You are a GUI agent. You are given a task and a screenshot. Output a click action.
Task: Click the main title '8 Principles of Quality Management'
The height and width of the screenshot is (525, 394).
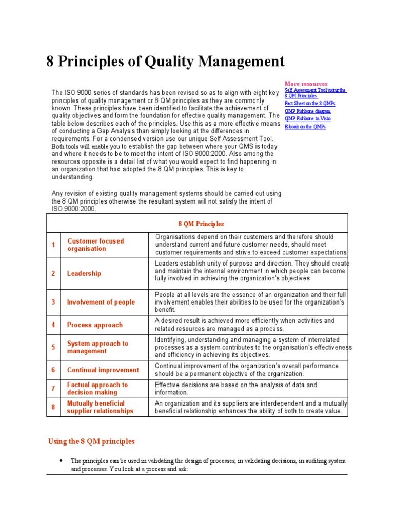coord(165,62)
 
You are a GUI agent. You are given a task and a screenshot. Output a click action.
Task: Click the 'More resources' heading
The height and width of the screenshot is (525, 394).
coord(306,84)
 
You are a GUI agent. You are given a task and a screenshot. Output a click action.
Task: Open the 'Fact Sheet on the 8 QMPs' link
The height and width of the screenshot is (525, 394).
coord(309,103)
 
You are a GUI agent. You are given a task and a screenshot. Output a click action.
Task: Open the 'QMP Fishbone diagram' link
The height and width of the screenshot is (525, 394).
coord(308,111)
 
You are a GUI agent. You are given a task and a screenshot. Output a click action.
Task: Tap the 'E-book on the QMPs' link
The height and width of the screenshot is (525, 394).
coord(305,126)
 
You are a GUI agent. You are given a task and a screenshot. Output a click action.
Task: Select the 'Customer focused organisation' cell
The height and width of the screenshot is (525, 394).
coord(95,245)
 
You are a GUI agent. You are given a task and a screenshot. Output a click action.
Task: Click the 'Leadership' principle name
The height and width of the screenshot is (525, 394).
coord(84,273)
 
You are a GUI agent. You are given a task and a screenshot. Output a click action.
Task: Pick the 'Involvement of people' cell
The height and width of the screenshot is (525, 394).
coord(101,302)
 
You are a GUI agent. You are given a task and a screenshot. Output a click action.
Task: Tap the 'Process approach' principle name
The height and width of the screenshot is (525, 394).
coord(95,325)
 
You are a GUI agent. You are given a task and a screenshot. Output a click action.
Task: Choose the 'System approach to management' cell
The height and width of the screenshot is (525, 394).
coord(97,347)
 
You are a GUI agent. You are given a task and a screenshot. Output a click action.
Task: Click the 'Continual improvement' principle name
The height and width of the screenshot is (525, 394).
coord(103,370)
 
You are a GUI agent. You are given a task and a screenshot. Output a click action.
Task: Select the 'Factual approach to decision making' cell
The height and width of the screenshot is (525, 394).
coord(97,388)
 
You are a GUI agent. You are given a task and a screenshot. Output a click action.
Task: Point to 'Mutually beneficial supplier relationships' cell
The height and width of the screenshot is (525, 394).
coord(100,407)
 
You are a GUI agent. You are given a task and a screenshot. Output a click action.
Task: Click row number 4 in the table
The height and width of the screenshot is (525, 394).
coord(53,325)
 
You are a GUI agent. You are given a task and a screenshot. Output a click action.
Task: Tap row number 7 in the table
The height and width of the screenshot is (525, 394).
coord(53,388)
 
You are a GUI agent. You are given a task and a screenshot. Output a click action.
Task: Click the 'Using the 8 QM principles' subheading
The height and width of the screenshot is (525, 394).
coord(91,441)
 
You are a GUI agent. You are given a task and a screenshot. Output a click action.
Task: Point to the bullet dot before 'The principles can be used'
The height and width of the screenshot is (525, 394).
coord(61,460)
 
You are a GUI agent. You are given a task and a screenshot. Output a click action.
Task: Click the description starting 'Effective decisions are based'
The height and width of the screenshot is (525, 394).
coord(236,388)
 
